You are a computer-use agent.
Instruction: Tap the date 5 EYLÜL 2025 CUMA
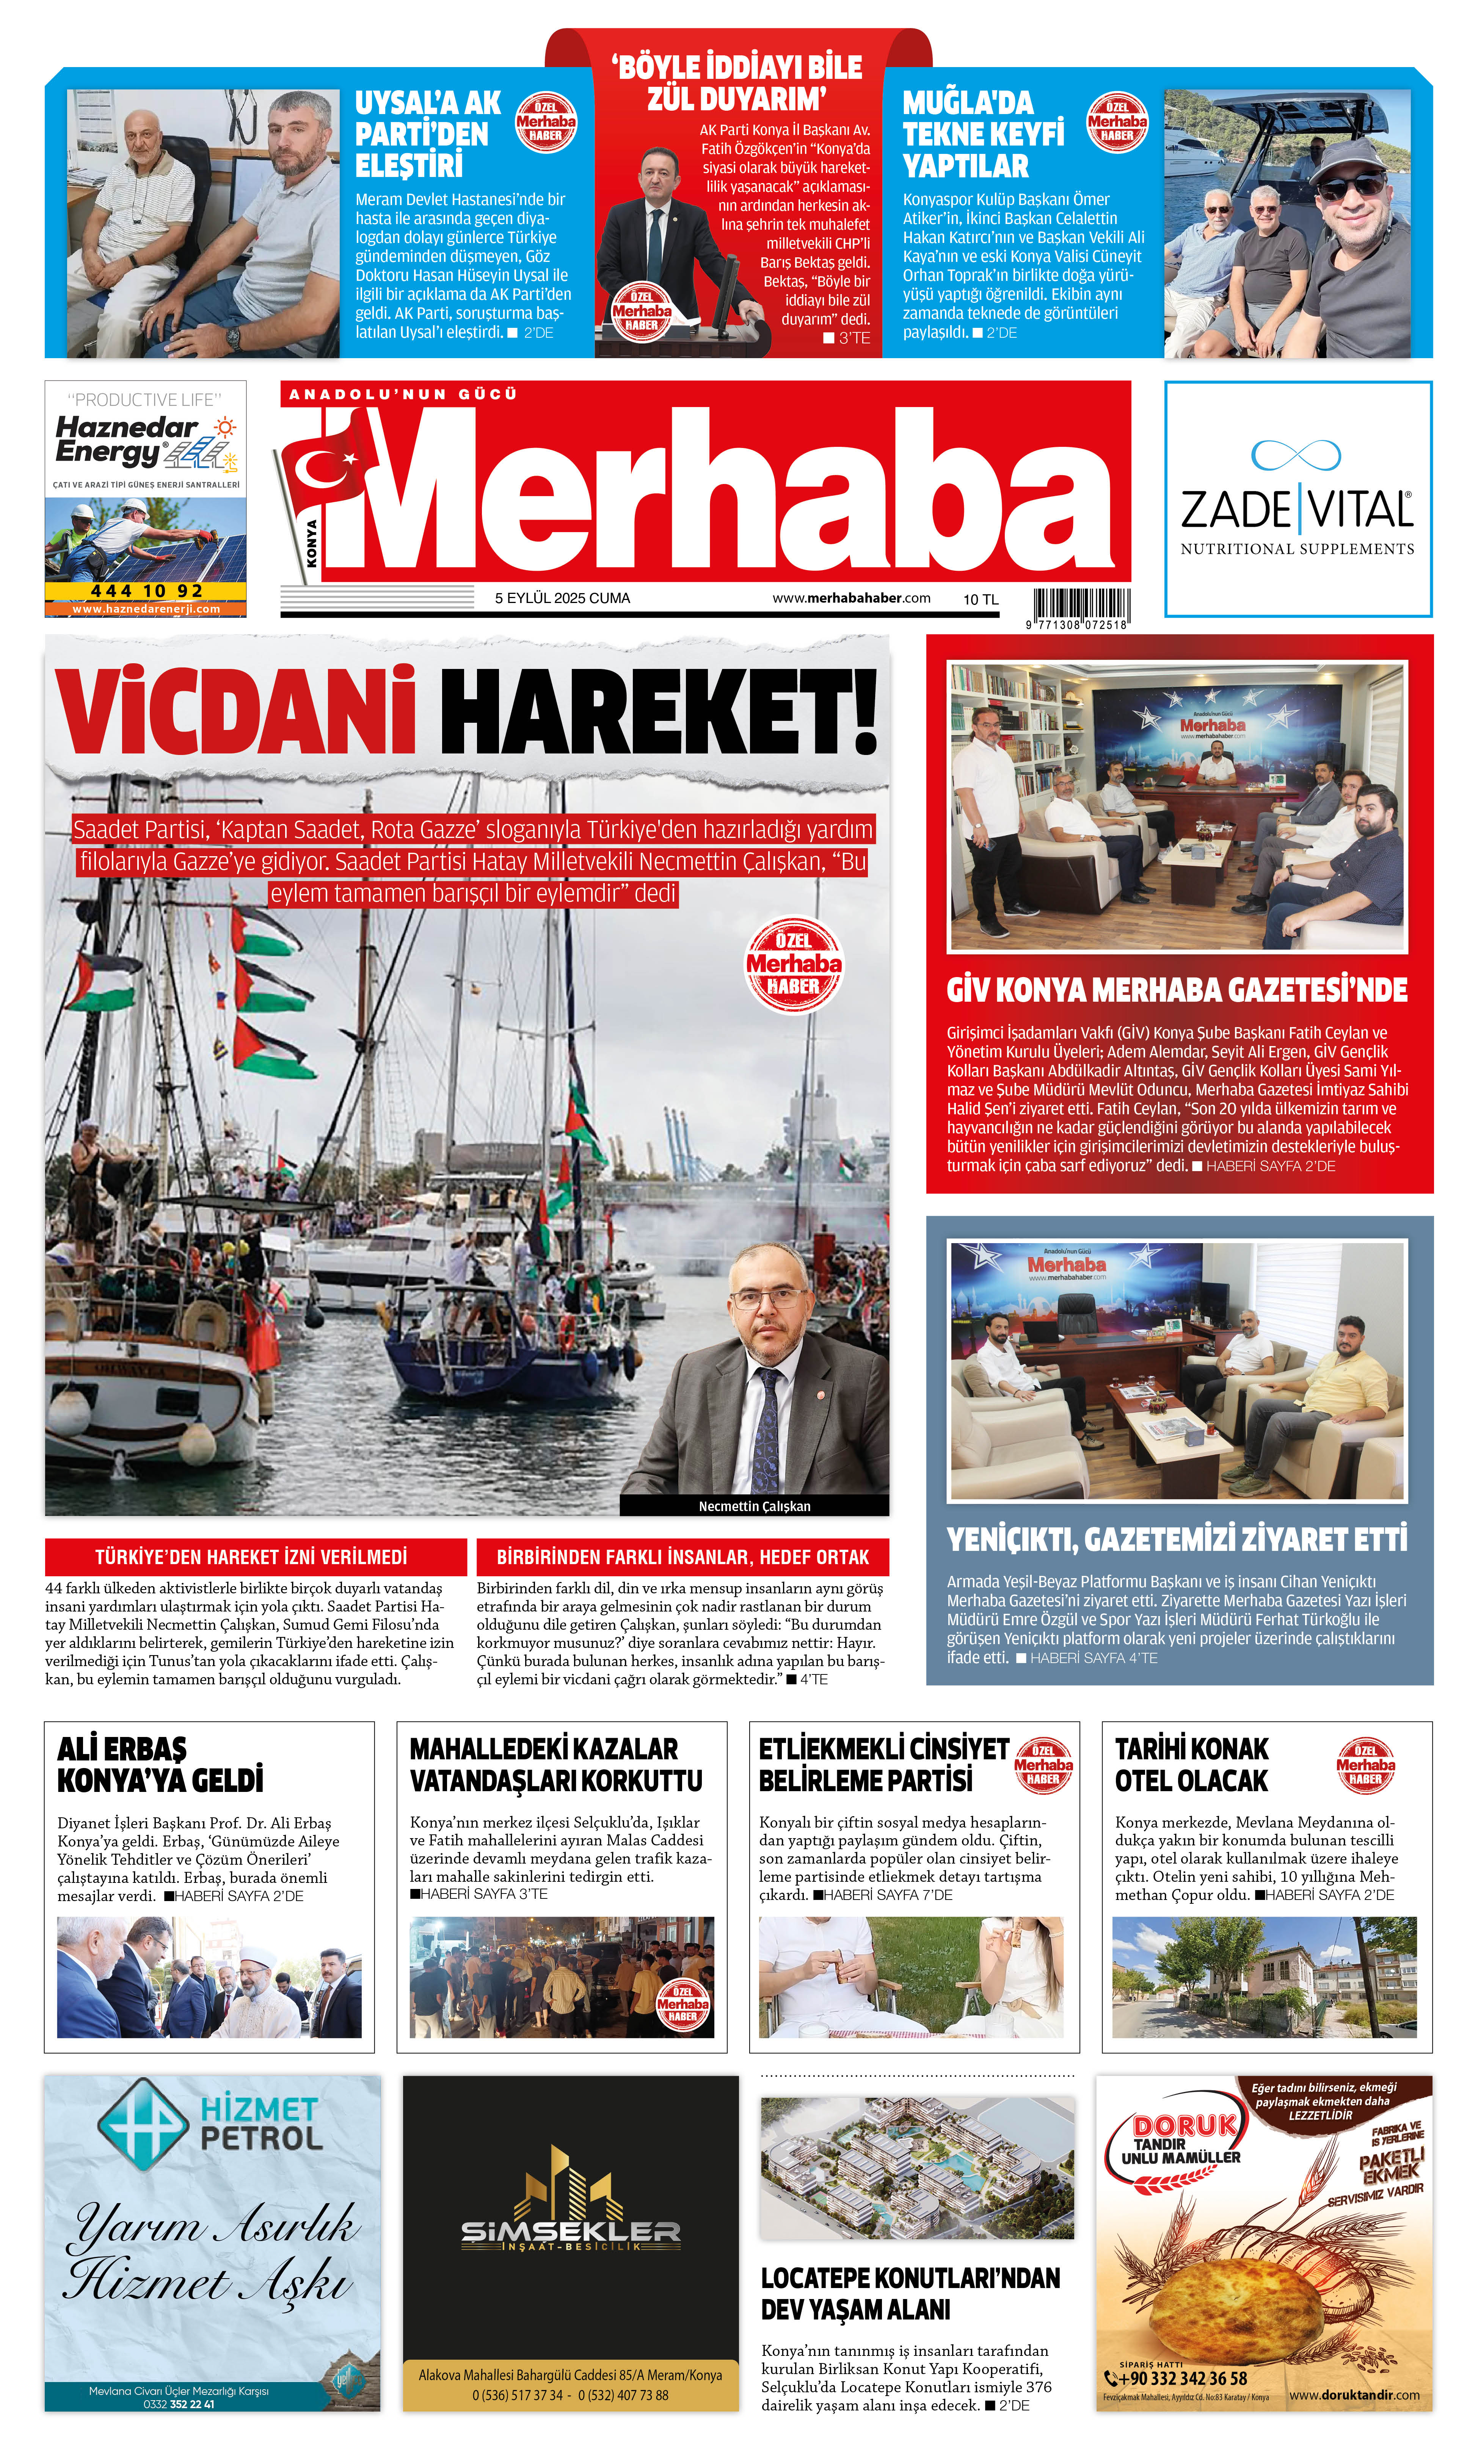[563, 598]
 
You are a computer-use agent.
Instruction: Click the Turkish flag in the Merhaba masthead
[324, 468]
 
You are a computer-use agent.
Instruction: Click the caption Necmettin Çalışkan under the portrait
[754, 1506]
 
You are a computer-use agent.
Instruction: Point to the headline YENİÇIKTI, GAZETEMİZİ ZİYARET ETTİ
[1176, 1539]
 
